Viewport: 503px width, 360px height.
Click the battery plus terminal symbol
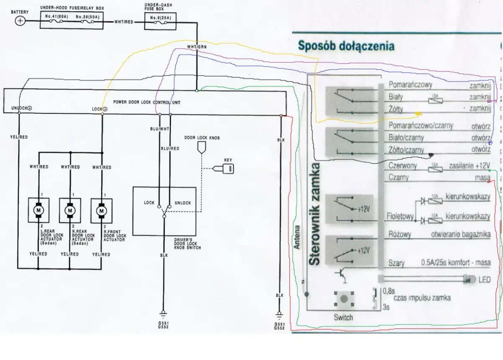click(20, 21)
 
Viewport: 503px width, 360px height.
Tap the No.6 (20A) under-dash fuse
click(161, 18)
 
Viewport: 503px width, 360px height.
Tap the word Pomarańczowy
click(410, 85)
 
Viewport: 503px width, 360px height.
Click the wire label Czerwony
click(403, 166)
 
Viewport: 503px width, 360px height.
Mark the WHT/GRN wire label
click(196, 47)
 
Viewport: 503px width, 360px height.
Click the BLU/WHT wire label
click(159, 128)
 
